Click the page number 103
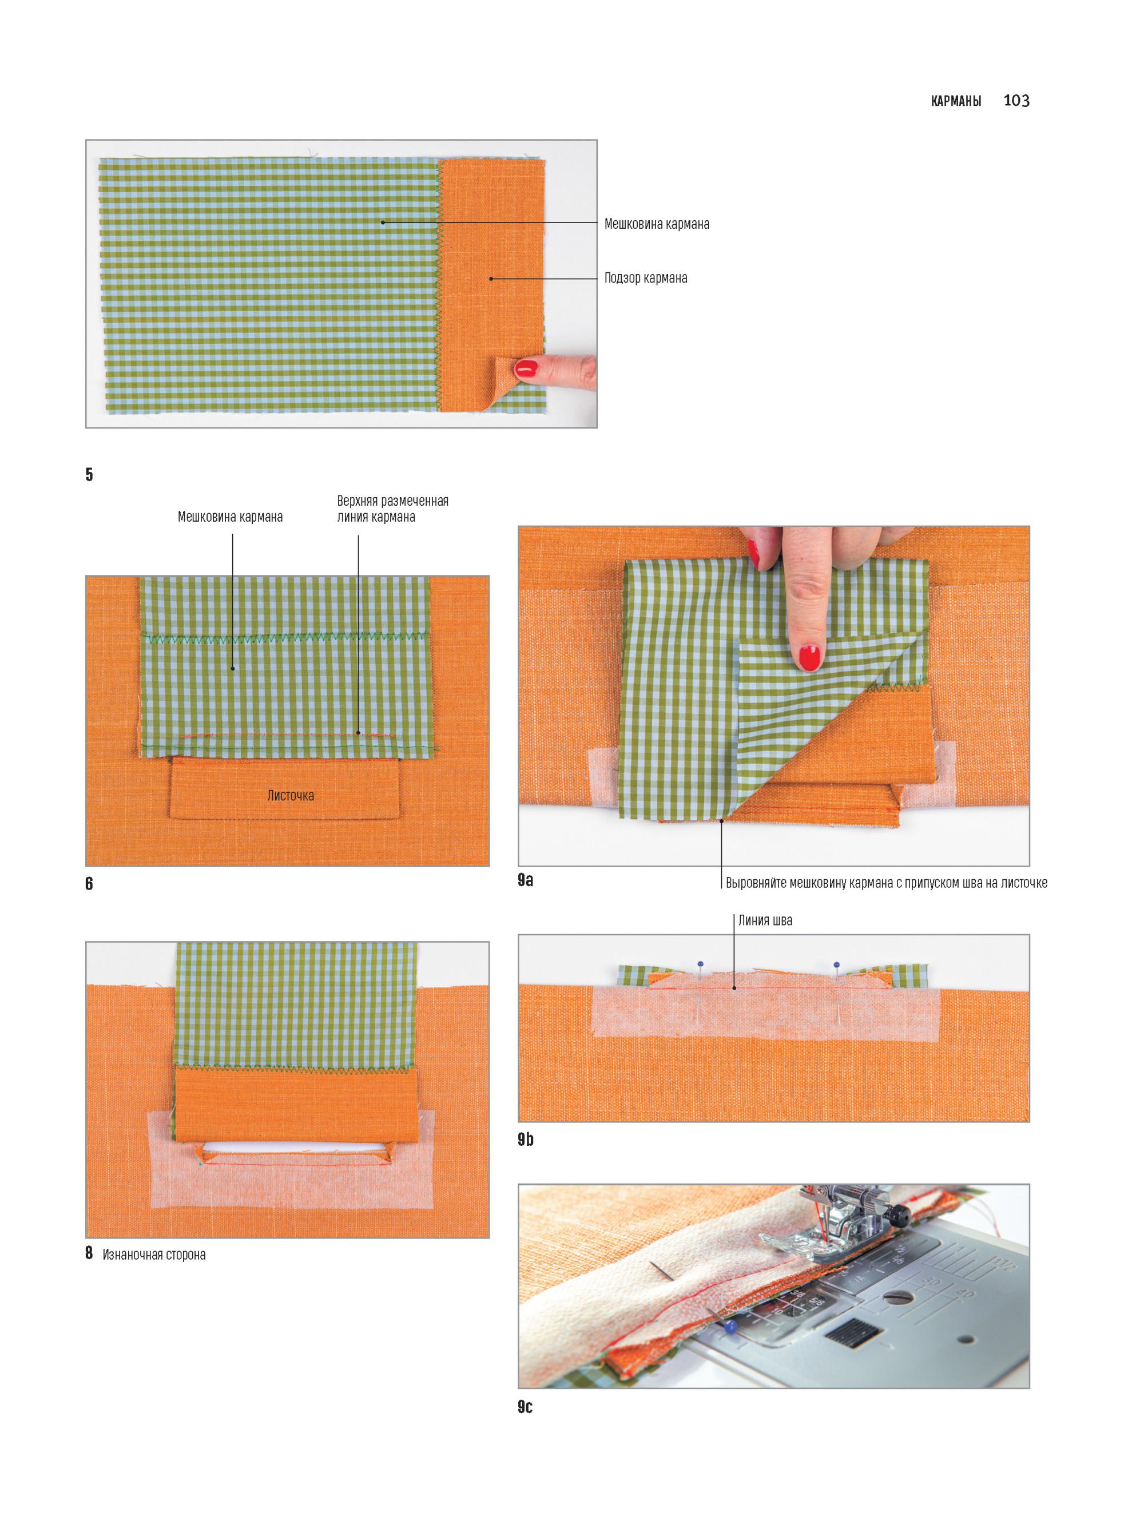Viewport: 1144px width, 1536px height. click(1016, 101)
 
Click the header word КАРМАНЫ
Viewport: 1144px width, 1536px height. click(956, 102)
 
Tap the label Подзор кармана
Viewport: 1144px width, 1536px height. click(645, 279)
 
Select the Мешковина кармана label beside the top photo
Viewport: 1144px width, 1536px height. click(657, 224)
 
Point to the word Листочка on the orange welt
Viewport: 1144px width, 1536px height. click(291, 796)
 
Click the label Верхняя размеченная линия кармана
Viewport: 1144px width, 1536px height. click(392, 509)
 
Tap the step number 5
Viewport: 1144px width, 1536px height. click(89, 474)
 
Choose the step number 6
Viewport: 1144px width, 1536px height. click(89, 884)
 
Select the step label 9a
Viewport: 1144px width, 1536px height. click(526, 880)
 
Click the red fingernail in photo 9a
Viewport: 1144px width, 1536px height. click(809, 657)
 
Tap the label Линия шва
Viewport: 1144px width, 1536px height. click(765, 920)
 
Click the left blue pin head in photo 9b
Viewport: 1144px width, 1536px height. click(701, 964)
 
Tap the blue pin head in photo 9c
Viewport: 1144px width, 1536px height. click(730, 1327)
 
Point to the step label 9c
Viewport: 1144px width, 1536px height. click(525, 1407)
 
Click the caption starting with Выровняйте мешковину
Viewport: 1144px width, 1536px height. click(887, 883)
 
